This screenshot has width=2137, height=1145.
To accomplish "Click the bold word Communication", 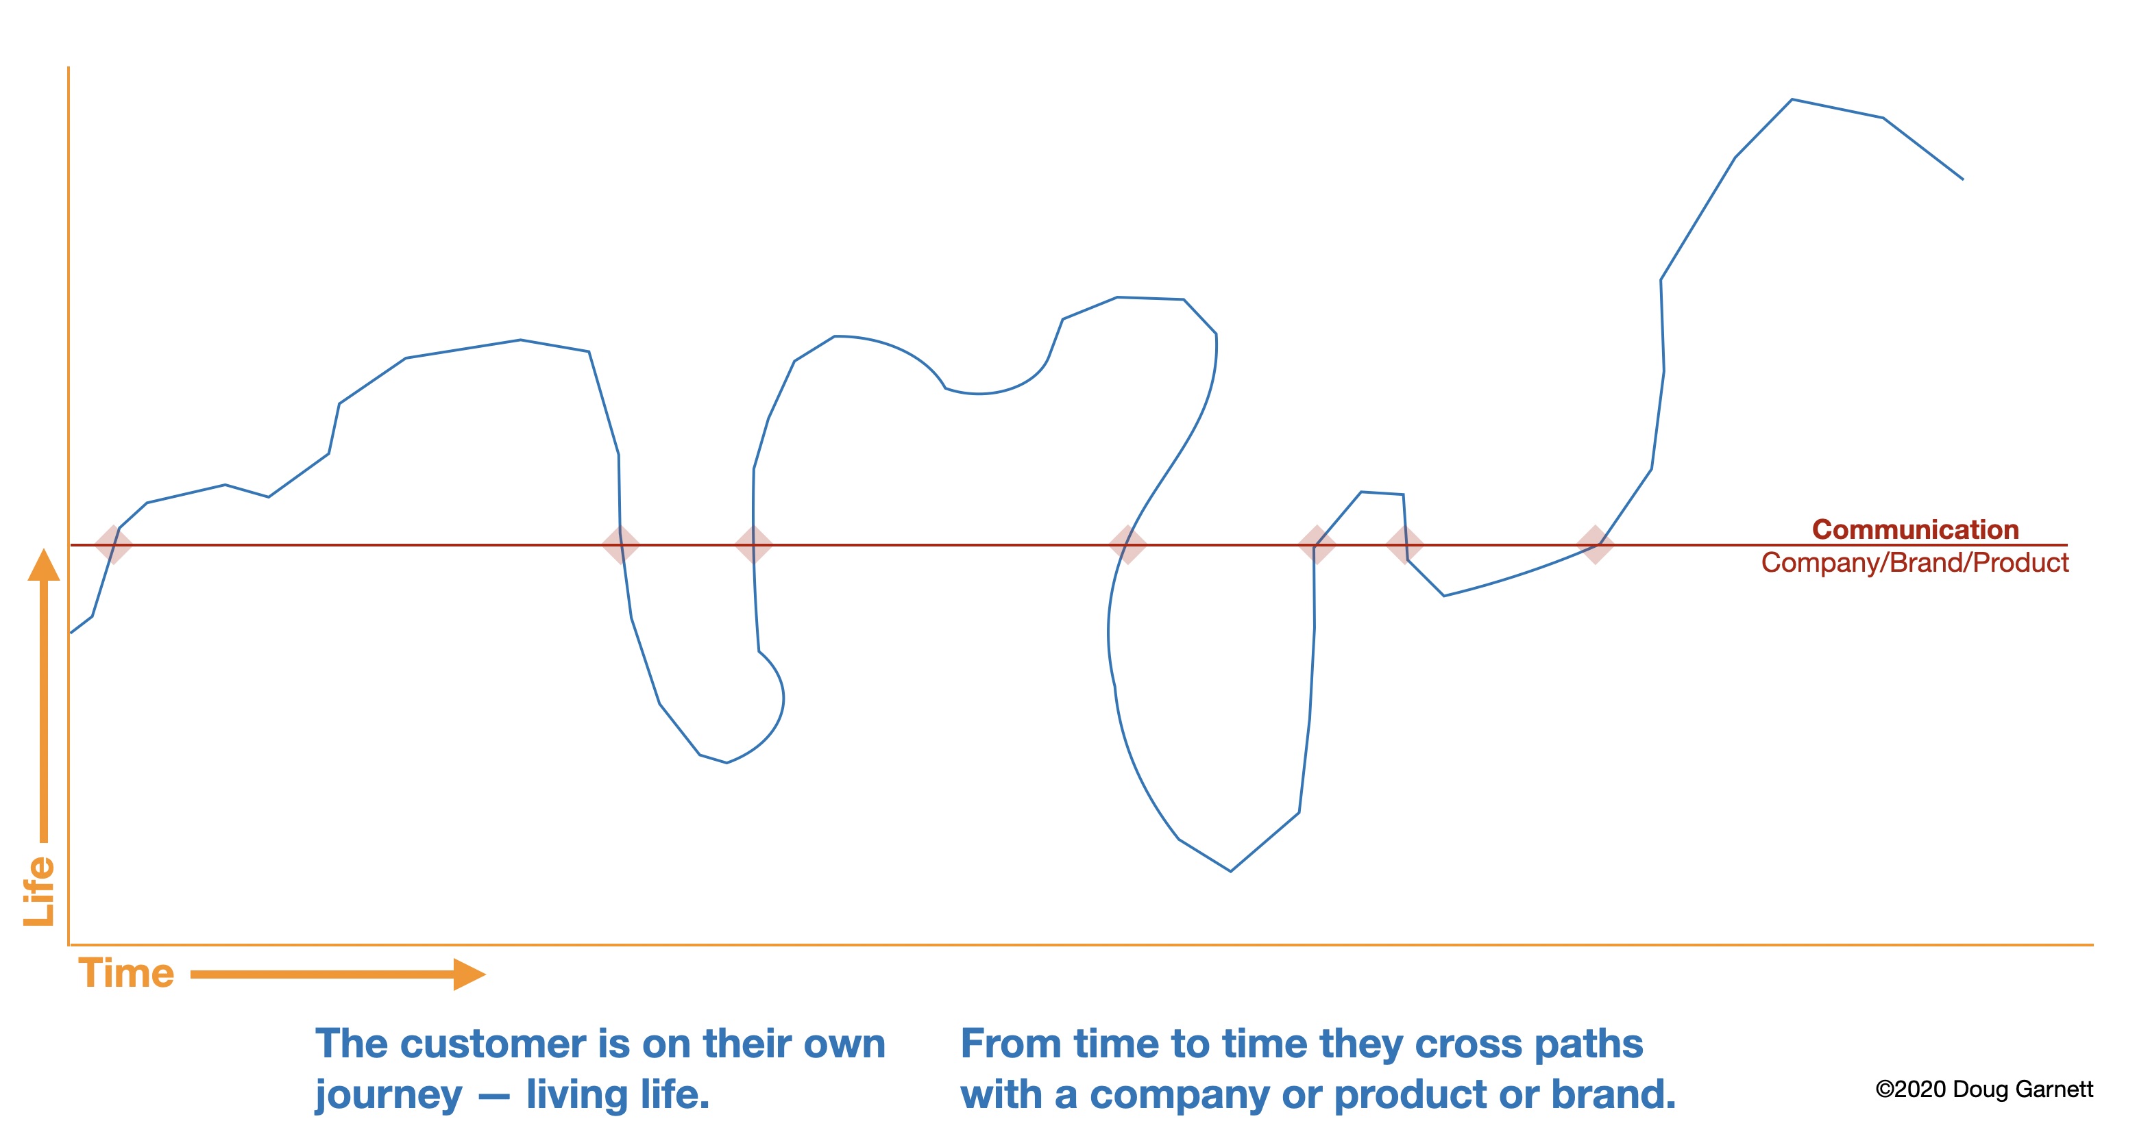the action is coord(1915,529).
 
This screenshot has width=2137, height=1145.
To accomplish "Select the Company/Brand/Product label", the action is coord(1915,563).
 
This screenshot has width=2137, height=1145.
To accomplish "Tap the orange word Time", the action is coord(126,972).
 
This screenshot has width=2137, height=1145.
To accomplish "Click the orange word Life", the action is coord(39,892).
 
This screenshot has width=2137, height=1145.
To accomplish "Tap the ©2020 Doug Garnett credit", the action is coord(1984,1089).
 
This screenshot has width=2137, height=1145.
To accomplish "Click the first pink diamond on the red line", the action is coord(114,544).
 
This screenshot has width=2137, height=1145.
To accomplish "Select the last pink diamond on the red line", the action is coord(1594,544).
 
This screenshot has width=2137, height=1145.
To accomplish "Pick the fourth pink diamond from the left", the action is coord(1128,544).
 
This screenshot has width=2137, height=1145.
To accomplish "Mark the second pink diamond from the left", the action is coord(620,544).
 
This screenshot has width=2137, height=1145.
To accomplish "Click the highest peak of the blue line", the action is coord(1792,99).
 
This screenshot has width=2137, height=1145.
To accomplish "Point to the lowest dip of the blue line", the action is coord(1230,870).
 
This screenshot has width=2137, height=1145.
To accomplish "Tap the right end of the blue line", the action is coord(1963,179).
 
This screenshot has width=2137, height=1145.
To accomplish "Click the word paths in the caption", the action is coord(1589,1044).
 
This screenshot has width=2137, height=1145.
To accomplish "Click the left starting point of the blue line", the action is coord(71,633).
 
